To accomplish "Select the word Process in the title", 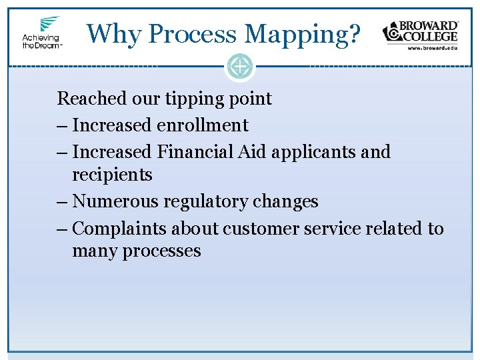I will tap(193, 33).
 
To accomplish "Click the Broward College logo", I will tap(420, 31).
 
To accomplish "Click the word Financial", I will tap(195, 151).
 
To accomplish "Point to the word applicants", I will tap(313, 152).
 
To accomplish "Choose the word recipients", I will tap(112, 175).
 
